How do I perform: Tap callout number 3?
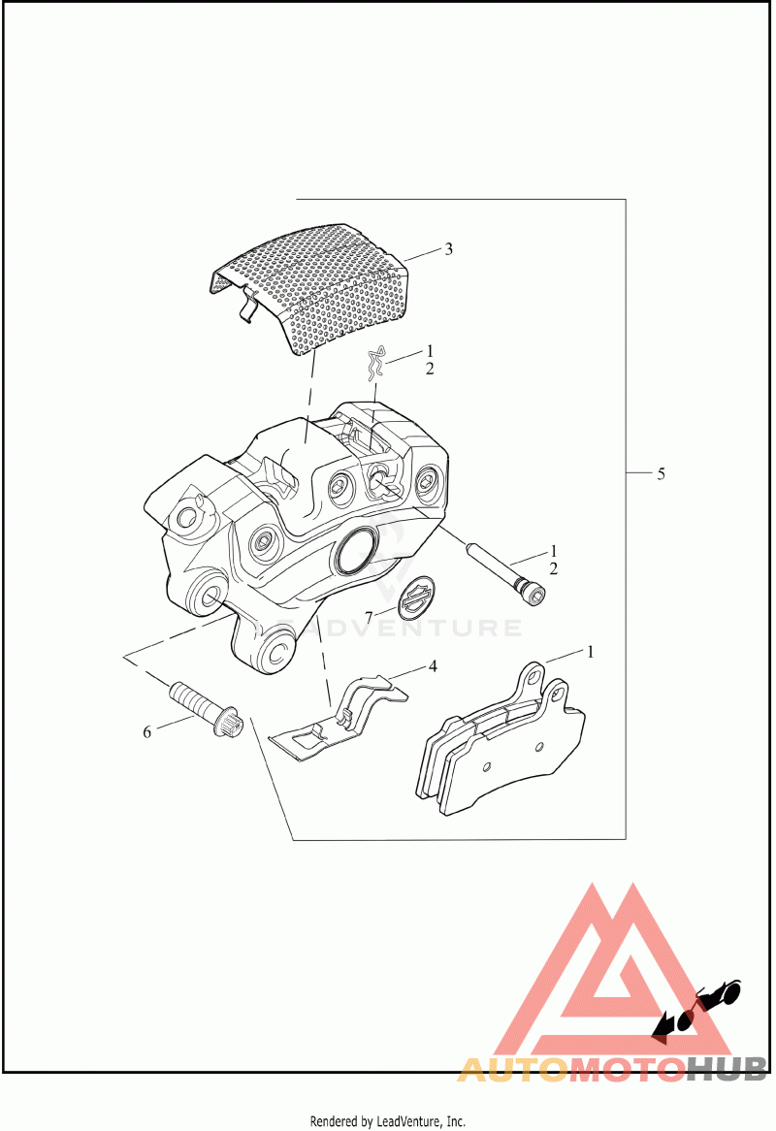448,249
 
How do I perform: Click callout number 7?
369,617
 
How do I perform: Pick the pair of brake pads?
500,742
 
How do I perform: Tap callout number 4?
434,666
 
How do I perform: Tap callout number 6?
147,732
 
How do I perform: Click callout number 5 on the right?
661,474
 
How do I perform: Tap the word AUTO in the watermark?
510,1070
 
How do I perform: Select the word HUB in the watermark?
727,1070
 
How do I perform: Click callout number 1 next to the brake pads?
589,652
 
